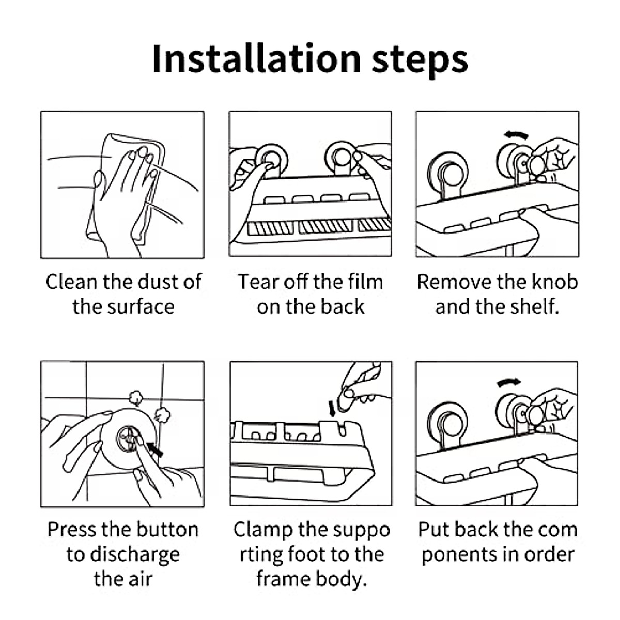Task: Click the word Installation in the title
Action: [256, 59]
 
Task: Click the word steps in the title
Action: [420, 61]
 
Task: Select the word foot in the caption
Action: [306, 554]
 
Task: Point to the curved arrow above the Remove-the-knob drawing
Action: [516, 135]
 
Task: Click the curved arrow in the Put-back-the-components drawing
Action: [509, 382]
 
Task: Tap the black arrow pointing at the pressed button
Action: [155, 448]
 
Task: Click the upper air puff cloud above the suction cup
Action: [136, 398]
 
